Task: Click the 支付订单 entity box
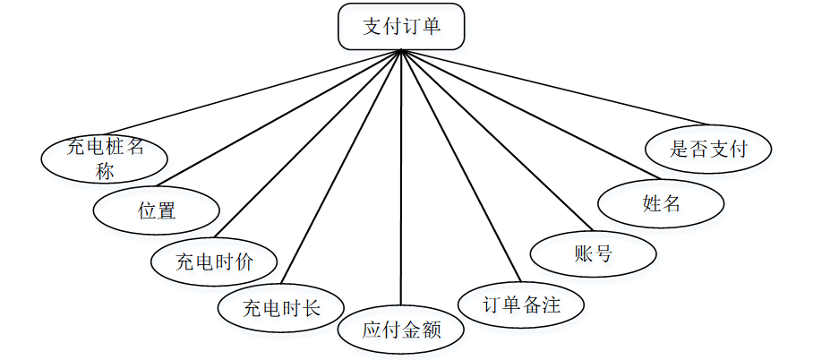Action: coord(401,27)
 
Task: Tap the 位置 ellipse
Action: coord(157,210)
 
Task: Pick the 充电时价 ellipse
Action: coord(214,261)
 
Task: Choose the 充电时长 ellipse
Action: coord(281,309)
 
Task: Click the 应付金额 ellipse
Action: coord(401,330)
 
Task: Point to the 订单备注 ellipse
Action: coord(522,304)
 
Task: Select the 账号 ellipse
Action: coord(593,253)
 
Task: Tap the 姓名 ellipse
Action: coord(662,203)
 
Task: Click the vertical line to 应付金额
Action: coord(401,179)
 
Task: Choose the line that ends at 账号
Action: coord(495,140)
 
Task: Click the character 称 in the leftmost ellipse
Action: coord(106,171)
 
